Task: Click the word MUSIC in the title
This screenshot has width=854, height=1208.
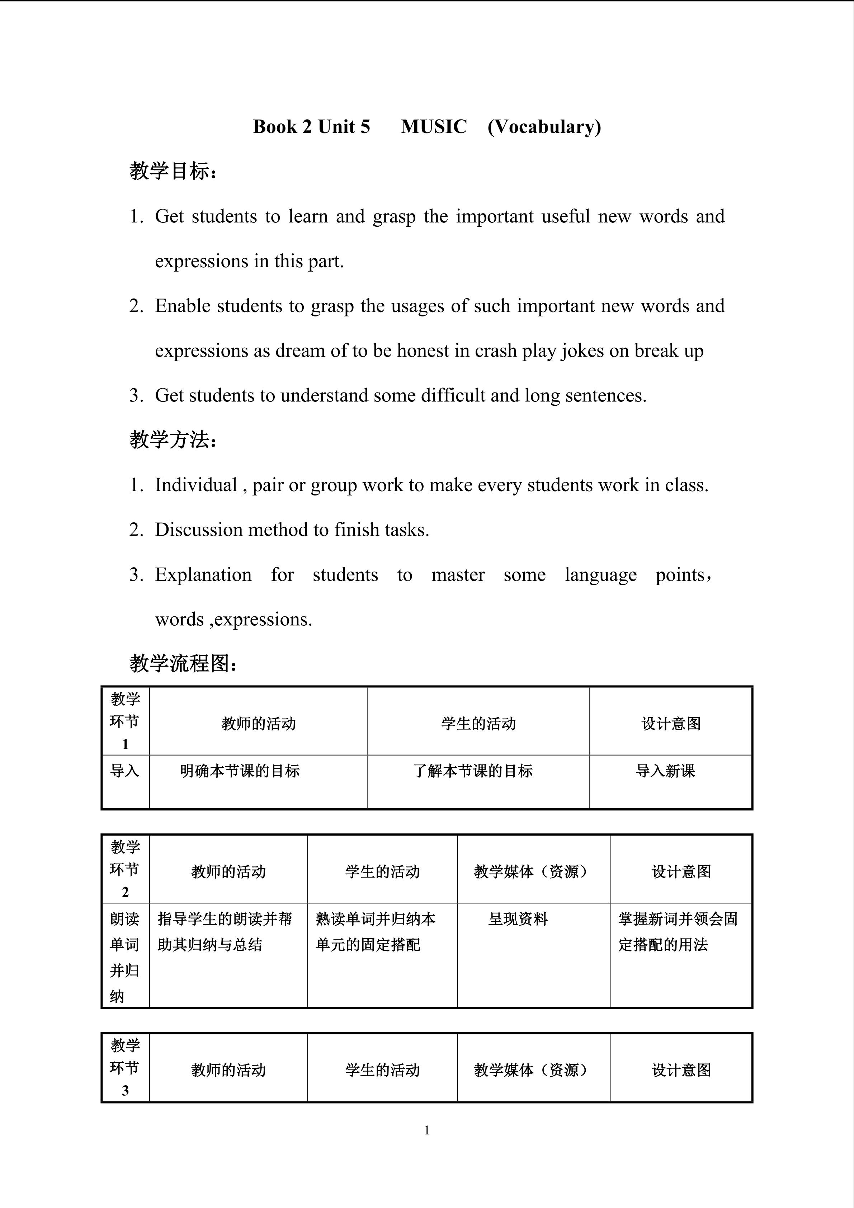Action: (x=433, y=127)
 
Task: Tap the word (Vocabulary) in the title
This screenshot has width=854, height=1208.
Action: (x=544, y=127)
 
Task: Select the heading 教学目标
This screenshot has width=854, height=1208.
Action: (x=173, y=171)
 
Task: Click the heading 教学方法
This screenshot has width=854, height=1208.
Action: (x=173, y=440)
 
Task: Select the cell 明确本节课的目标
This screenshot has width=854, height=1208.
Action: (x=240, y=771)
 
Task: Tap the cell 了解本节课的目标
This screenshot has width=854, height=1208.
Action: (x=473, y=771)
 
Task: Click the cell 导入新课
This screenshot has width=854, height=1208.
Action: (x=665, y=771)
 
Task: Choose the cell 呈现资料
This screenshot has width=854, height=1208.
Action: (x=518, y=919)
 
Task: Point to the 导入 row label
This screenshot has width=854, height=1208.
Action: (x=124, y=771)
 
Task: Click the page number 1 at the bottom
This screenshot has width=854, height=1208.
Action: (x=427, y=1130)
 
